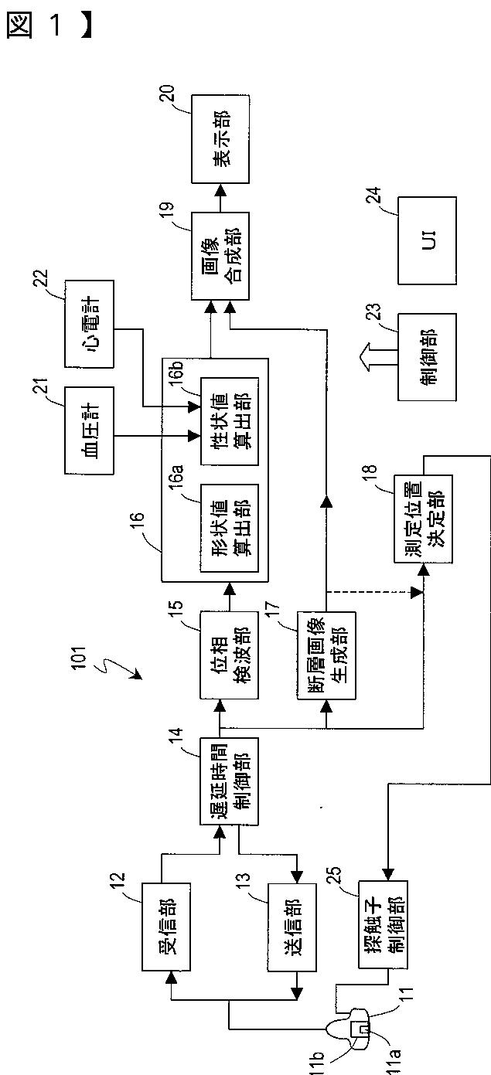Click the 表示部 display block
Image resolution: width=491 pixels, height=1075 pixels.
[220, 138]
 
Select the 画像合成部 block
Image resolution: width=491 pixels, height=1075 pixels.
[220, 257]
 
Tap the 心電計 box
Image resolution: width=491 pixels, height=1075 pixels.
[89, 324]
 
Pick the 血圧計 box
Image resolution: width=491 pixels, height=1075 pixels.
[89, 430]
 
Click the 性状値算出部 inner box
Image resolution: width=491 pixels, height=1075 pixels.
[230, 421]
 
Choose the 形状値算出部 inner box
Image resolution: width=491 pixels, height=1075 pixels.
[230, 528]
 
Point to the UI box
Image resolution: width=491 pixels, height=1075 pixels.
[427, 240]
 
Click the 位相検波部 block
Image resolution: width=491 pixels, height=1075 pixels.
[230, 655]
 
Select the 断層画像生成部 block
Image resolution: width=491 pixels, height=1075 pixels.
[326, 655]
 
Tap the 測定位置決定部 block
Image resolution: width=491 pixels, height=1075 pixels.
[423, 519]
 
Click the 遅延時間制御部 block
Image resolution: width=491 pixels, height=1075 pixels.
[230, 781]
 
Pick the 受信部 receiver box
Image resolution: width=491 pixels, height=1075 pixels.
[166, 926]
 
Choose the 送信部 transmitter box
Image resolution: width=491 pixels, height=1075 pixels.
[292, 927]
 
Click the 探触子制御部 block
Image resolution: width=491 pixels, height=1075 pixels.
[384, 924]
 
